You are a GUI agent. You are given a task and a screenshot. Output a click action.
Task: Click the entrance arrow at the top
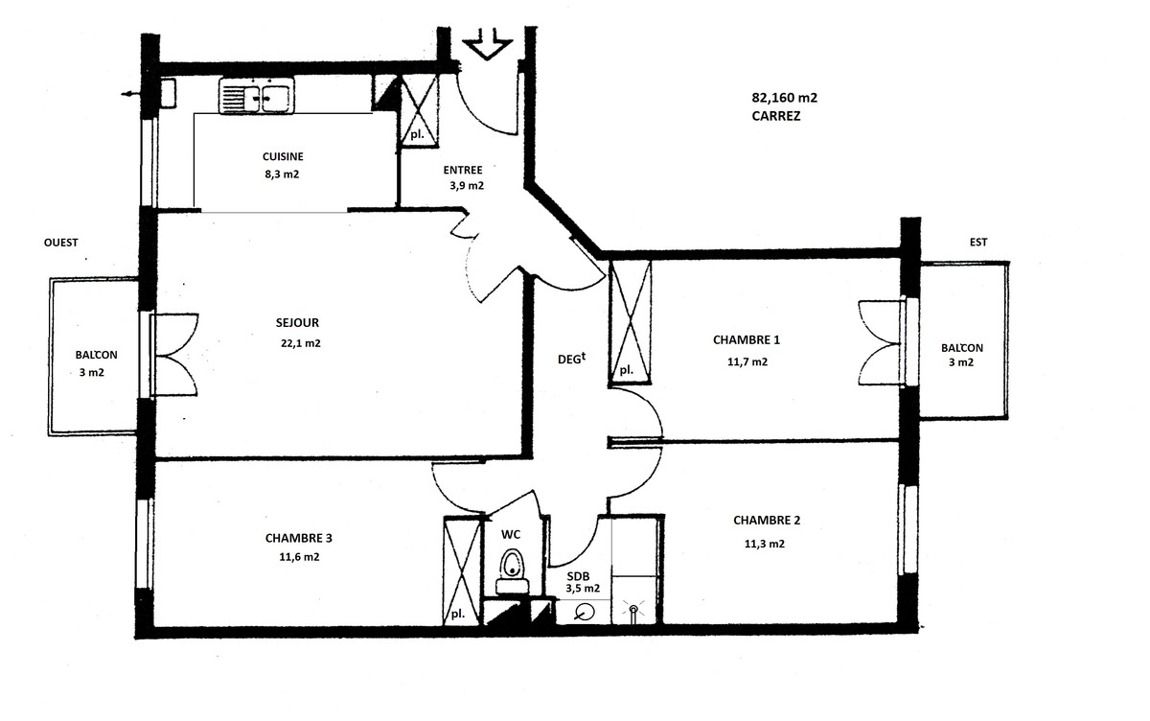(487, 45)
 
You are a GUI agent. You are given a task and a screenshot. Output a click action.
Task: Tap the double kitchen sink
(257, 96)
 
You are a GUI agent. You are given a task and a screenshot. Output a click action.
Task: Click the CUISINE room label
(283, 156)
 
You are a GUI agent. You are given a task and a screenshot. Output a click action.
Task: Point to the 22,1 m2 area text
(301, 343)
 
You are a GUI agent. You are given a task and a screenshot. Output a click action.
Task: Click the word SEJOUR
(297, 322)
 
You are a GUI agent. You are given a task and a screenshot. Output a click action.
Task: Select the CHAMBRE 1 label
(747, 340)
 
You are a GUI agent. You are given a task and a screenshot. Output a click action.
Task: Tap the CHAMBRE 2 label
(767, 521)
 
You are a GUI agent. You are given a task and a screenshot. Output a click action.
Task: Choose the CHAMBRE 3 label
(299, 538)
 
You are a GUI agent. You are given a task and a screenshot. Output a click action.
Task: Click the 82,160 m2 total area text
(785, 98)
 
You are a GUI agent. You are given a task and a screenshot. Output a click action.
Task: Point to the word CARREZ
(775, 116)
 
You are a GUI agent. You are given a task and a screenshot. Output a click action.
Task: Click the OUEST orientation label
(61, 243)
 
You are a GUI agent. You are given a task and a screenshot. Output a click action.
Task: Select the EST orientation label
(978, 242)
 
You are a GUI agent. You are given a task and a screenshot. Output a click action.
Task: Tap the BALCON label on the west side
(97, 355)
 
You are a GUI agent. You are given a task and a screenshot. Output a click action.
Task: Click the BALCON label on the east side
(962, 348)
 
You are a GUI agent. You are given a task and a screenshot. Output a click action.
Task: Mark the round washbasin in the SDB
(585, 612)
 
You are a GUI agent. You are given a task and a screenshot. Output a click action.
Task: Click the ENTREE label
(463, 170)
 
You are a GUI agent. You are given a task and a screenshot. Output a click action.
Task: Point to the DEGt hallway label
(571, 359)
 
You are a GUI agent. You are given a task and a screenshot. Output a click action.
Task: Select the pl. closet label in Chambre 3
(457, 614)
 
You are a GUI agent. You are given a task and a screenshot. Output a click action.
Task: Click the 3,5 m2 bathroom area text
(583, 589)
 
